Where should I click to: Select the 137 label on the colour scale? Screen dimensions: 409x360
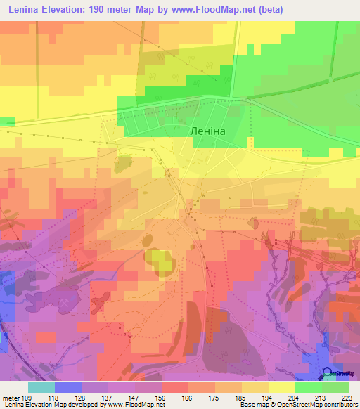coord(109,397)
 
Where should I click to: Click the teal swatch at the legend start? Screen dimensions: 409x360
coord(41,387)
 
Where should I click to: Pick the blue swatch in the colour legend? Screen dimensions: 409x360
coord(68,387)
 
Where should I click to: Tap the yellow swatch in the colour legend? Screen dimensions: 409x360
coord(282,387)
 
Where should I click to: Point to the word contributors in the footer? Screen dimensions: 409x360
coord(342,405)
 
